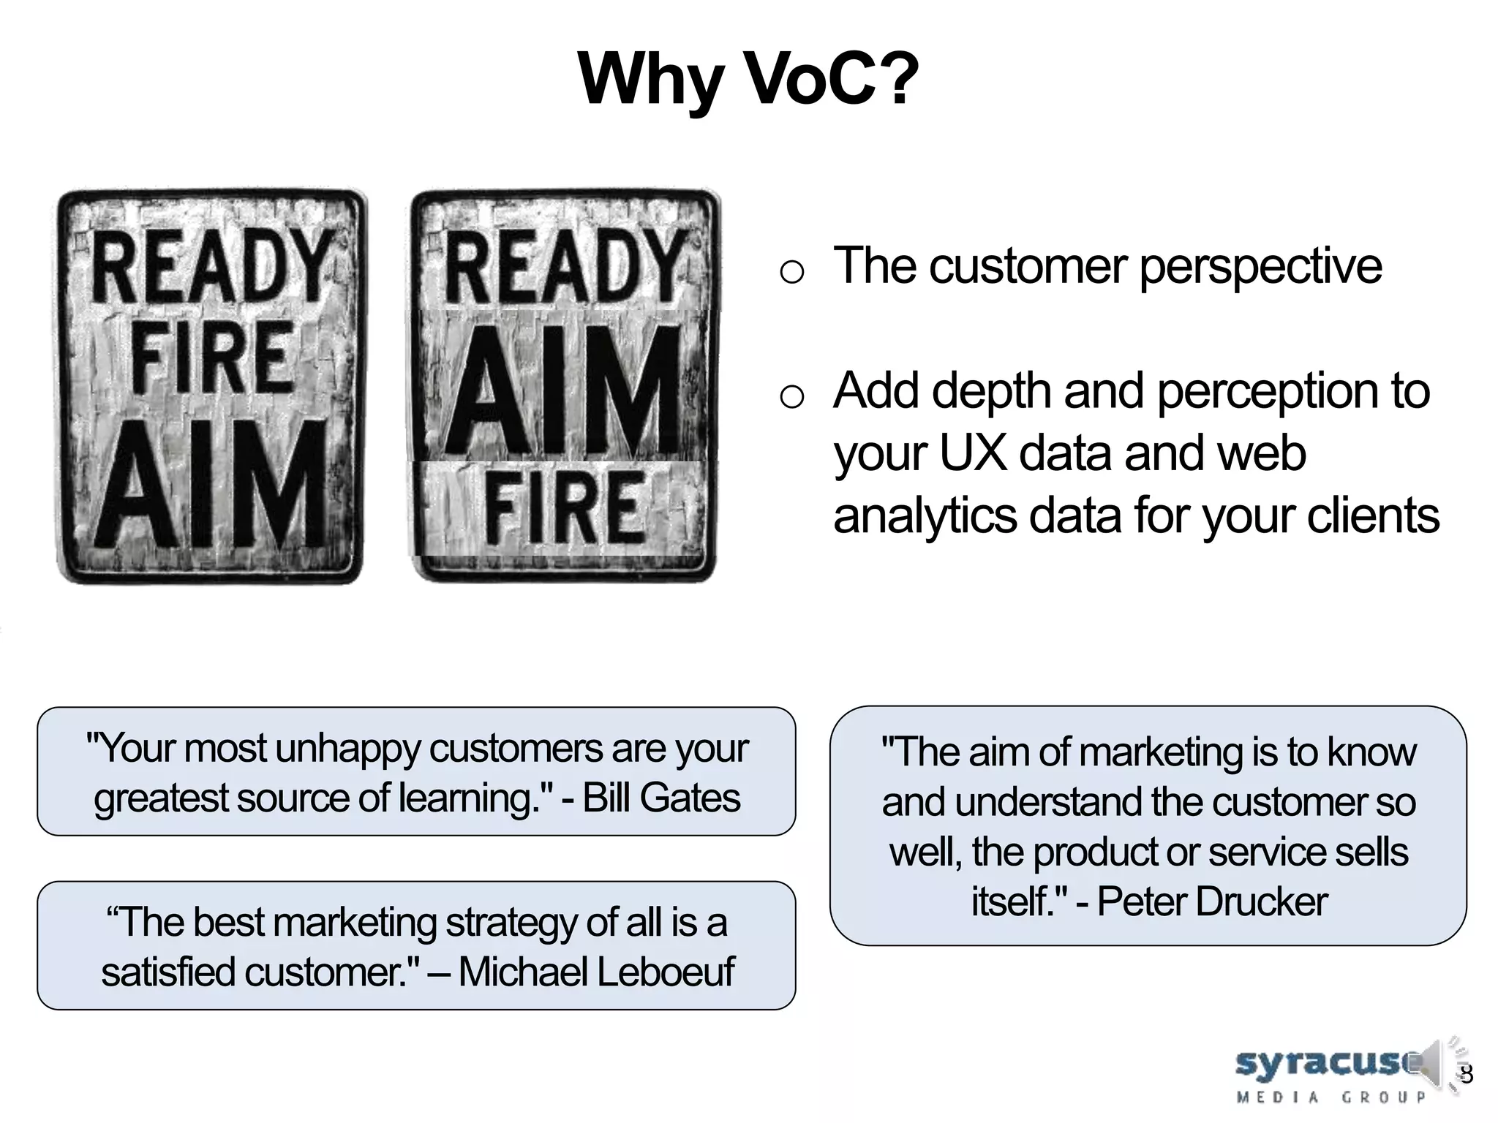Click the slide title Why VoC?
748,79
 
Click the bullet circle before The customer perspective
791,273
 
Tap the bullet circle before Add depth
791,398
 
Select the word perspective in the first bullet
1260,266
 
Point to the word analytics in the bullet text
925,516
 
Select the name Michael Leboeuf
595,972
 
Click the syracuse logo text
1324,1062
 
